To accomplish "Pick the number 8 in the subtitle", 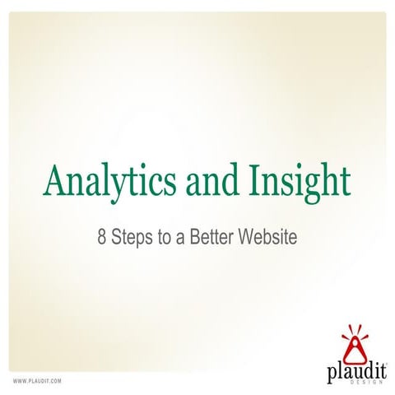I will click(x=102, y=237).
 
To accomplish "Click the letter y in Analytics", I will click(x=120, y=186).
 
